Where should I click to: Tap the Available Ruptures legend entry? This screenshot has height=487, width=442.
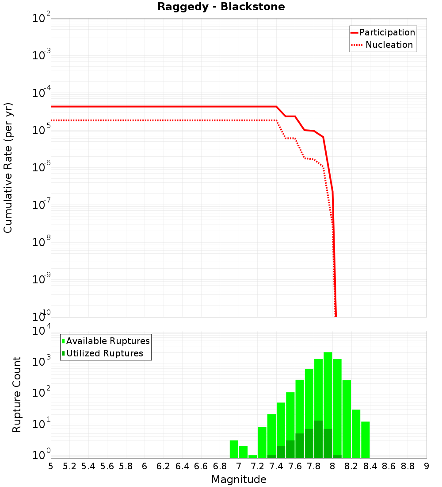(106, 341)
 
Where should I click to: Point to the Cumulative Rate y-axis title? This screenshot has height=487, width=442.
(8, 168)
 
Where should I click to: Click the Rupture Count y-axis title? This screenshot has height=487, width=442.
(17, 394)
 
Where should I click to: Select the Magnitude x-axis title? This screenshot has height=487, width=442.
(239, 479)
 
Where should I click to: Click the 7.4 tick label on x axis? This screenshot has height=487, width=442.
(276, 466)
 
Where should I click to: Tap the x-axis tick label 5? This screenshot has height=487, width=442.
(51, 466)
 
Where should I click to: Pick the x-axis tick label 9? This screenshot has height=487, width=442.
(426, 466)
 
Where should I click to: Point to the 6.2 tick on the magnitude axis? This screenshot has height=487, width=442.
(164, 466)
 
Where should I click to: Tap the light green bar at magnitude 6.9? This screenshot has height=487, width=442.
(234, 449)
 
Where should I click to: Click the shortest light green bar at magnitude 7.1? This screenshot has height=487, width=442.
(252, 456)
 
